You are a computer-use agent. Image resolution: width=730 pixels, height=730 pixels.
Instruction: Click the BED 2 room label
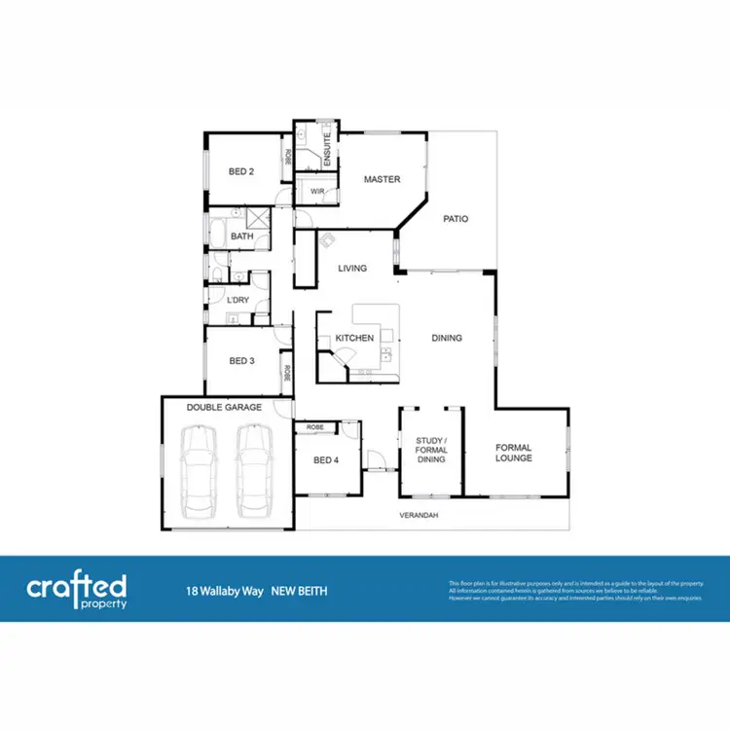(241, 171)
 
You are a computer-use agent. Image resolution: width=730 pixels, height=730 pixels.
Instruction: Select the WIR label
(317, 192)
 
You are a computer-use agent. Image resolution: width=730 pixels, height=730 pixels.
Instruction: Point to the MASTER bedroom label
(383, 179)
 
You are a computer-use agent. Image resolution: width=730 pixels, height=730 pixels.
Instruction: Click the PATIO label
(456, 219)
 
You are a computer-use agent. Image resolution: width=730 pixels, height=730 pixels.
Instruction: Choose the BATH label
(241, 237)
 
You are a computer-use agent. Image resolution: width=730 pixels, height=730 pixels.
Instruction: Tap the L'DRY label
(238, 300)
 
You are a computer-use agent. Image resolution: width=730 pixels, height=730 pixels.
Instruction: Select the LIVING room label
(351, 268)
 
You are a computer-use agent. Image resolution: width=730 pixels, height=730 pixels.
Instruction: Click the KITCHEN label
(354, 338)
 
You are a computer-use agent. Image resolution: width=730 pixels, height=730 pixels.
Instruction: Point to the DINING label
(447, 338)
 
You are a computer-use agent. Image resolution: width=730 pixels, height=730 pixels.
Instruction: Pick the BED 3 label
(241, 361)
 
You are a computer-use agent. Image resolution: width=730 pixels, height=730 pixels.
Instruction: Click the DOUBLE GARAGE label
(224, 407)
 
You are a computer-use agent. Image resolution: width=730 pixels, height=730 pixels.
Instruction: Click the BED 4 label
(325, 460)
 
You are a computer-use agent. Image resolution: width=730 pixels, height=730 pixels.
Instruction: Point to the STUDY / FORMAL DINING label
(431, 451)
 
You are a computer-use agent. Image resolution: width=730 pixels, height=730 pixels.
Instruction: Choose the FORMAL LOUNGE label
(513, 453)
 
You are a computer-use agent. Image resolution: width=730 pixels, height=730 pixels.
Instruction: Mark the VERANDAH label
(418, 514)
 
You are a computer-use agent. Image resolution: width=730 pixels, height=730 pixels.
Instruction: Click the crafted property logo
(76, 590)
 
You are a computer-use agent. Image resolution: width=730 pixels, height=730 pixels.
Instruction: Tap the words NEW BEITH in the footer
(299, 590)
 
